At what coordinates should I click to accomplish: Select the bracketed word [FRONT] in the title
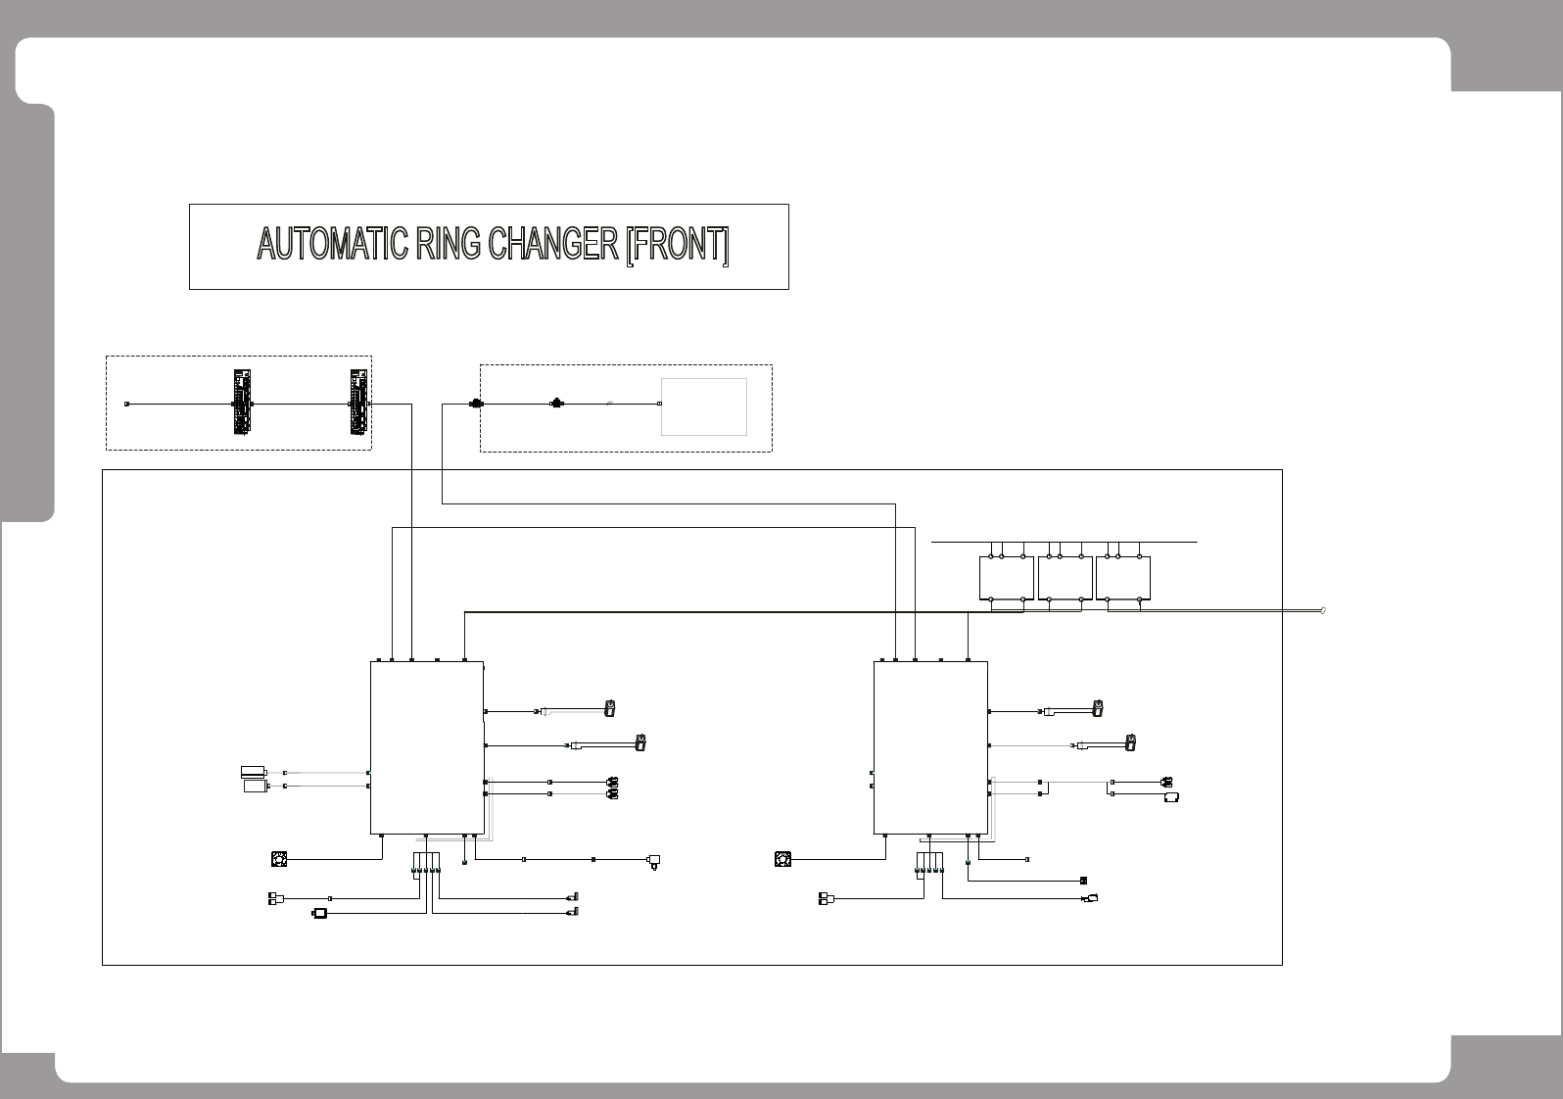[x=678, y=245]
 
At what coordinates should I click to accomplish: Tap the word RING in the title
[x=448, y=245]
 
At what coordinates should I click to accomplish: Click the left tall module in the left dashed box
[x=243, y=402]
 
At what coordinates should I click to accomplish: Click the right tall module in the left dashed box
[x=360, y=402]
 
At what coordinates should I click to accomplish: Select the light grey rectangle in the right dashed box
[x=704, y=406]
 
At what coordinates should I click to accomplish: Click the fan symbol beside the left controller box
[x=279, y=860]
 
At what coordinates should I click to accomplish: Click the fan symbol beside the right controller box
[x=782, y=860]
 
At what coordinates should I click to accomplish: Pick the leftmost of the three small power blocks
[x=1006, y=578]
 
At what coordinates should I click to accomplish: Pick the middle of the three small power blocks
[x=1065, y=578]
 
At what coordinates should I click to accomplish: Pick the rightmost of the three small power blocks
[x=1122, y=578]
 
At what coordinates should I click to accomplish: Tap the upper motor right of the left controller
[x=609, y=707]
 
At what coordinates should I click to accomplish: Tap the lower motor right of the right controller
[x=1130, y=742]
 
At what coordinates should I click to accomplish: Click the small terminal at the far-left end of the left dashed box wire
[x=126, y=404]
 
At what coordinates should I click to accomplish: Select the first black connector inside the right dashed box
[x=477, y=404]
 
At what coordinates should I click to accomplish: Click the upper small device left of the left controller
[x=254, y=771]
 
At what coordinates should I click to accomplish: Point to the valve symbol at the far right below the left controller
[x=654, y=861]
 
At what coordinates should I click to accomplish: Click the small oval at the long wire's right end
[x=1324, y=610]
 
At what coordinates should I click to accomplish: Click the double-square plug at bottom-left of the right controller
[x=828, y=898]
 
